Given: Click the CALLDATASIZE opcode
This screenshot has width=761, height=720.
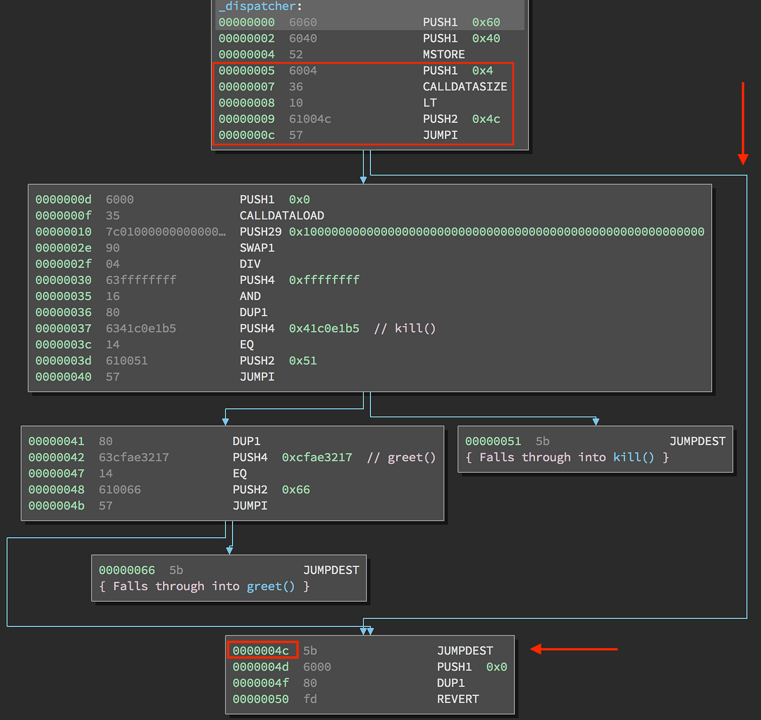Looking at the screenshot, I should (465, 87).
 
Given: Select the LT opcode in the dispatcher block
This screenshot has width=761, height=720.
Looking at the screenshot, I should (430, 103).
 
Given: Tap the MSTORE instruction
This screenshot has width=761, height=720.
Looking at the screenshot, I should (443, 54).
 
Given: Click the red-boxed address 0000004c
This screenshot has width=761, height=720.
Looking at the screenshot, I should (261, 650).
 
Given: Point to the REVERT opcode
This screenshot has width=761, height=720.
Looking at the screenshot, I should (458, 699).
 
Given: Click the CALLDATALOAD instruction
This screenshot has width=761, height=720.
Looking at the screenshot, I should (281, 216).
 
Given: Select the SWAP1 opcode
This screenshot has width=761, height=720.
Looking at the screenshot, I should (257, 248).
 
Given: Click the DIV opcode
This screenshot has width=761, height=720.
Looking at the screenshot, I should (250, 264).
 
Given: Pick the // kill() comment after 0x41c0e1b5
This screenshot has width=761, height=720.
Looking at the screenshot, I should (405, 329).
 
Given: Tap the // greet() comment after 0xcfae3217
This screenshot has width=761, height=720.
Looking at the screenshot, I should (401, 458).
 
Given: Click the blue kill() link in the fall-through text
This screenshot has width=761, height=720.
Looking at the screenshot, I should (633, 458).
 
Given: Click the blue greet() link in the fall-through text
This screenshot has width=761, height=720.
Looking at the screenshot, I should (270, 587).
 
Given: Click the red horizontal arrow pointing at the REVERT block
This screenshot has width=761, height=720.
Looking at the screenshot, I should (574, 649).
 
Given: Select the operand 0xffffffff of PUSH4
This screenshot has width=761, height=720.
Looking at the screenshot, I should (324, 280).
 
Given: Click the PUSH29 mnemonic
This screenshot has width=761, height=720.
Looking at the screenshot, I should (260, 232).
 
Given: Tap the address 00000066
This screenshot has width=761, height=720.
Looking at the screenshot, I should (127, 570).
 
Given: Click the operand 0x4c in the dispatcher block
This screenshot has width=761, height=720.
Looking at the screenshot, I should (486, 119).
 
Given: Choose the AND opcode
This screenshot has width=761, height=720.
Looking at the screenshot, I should (250, 296).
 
